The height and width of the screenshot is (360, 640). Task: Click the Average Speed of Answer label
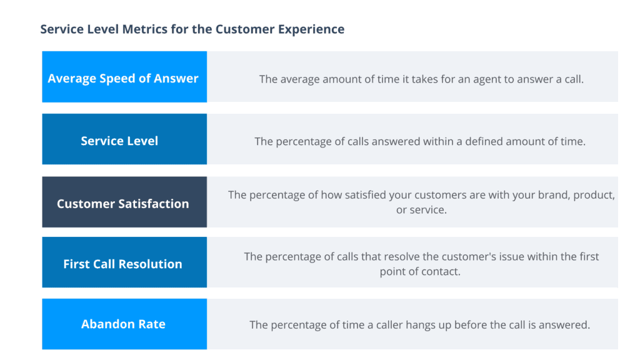click(x=123, y=78)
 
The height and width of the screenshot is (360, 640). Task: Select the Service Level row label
click(x=119, y=141)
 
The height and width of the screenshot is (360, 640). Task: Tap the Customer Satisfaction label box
click(x=123, y=203)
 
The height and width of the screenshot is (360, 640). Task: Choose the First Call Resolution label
click(x=123, y=264)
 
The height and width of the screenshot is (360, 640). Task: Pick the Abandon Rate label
click(x=123, y=324)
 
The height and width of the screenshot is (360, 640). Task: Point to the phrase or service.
click(x=422, y=210)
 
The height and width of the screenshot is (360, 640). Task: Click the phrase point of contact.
click(x=420, y=271)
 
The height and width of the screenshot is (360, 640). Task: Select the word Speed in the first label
click(x=117, y=78)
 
